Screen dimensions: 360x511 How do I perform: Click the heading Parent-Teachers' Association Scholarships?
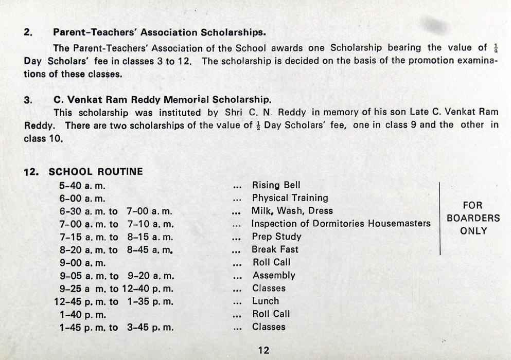pos(160,32)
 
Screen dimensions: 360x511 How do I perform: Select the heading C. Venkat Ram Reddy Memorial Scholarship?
pos(162,99)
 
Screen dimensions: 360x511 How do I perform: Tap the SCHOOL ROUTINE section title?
pos(96,172)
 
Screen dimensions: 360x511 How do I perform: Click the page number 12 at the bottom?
pos(263,350)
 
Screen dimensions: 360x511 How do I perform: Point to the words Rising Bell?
pos(276,185)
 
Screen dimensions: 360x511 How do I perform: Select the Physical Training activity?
pos(290,198)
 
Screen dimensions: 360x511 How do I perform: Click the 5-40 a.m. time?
pos(82,185)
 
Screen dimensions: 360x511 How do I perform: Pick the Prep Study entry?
pos(276,237)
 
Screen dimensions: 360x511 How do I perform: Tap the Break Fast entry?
pos(275,249)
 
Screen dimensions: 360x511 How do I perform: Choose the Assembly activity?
pos(274,275)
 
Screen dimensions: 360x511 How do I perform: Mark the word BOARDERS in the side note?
pos(473,218)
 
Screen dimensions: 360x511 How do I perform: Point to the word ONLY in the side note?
pos(473,231)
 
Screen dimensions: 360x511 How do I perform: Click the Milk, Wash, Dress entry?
pos(292,211)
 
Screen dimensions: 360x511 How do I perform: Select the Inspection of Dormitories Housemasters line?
pos(341,224)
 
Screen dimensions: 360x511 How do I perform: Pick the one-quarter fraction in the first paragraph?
pos(496,48)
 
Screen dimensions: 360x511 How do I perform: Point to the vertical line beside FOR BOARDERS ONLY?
pos(439,218)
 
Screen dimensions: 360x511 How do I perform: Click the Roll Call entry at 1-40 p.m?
pos(271,314)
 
